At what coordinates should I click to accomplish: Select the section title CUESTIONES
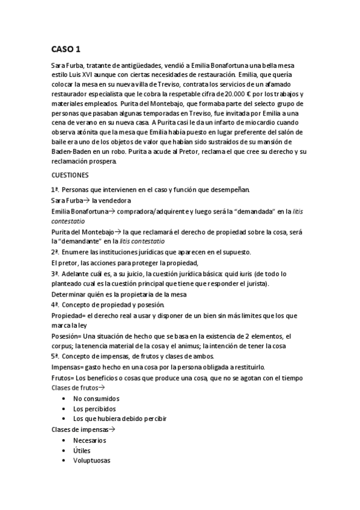click(70, 175)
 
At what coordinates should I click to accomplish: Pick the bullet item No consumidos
click(96, 398)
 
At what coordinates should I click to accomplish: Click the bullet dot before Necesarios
click(64, 440)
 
